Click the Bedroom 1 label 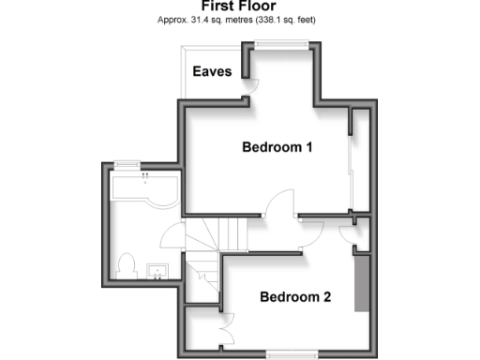[x=277, y=147]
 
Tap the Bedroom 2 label [x=294, y=298]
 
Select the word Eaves [x=212, y=72]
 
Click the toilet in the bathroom [x=127, y=264]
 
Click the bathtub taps [x=144, y=175]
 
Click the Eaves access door [x=251, y=83]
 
